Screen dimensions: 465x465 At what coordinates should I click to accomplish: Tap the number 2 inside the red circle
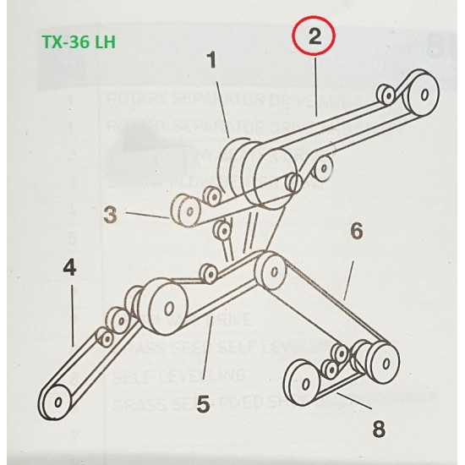pos(314,36)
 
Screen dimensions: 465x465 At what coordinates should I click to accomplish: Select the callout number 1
pos(211,61)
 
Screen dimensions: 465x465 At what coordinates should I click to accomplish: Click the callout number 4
pos(69,269)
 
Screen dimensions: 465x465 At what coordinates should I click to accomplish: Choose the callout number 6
pos(357,229)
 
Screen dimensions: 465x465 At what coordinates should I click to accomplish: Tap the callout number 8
pos(378,429)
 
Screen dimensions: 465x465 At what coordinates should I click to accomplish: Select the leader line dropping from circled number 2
pos(315,85)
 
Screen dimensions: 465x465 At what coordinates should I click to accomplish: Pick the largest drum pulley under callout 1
pos(273,172)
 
